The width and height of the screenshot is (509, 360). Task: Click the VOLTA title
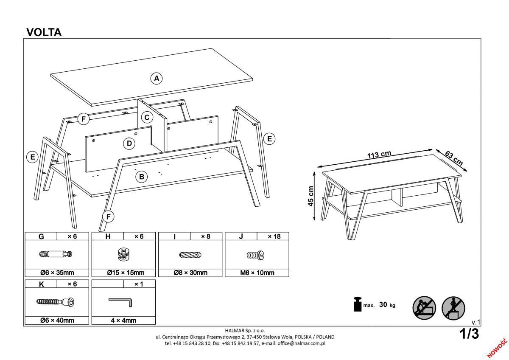pyautogui.click(x=44, y=32)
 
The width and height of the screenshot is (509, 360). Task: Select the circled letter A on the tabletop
pyautogui.click(x=157, y=78)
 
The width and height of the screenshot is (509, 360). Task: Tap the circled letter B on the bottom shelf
pyautogui.click(x=141, y=177)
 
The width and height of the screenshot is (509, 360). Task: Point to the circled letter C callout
pyautogui.click(x=147, y=117)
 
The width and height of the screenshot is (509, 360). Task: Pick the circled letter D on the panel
pyautogui.click(x=129, y=143)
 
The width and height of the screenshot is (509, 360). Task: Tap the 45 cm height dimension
pyautogui.click(x=311, y=196)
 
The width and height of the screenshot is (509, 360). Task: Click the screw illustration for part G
pyautogui.click(x=56, y=254)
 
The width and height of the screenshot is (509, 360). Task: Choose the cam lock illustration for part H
pyautogui.click(x=123, y=254)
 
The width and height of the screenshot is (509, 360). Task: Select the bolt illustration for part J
pyautogui.click(x=256, y=255)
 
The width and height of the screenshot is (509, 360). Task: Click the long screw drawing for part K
pyautogui.click(x=56, y=301)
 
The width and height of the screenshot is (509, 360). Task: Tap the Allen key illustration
pyautogui.click(x=121, y=301)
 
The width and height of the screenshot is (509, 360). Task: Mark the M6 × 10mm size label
pyautogui.click(x=257, y=273)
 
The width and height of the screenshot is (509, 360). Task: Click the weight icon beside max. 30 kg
pyautogui.click(x=357, y=304)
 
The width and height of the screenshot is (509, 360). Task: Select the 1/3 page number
pyautogui.click(x=469, y=334)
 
